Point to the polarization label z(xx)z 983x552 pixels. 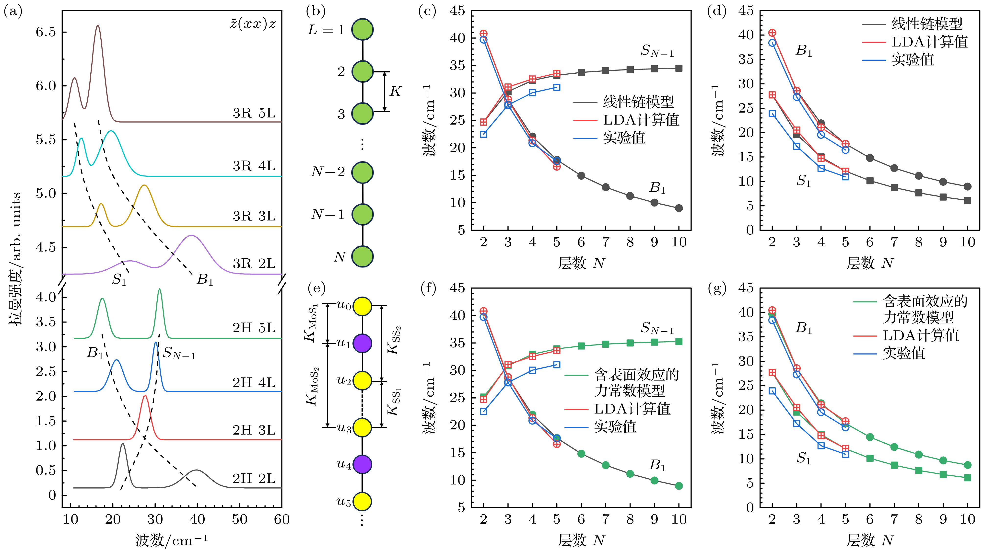point(253,24)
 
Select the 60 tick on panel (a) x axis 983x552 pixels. point(282,519)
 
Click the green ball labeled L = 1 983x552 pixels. point(362,29)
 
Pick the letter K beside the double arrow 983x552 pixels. point(395,92)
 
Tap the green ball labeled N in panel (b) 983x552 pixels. point(362,256)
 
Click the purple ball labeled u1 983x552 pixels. point(362,343)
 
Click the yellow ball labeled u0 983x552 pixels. point(362,306)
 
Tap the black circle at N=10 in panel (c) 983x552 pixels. point(679,208)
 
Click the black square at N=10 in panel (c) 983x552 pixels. point(679,68)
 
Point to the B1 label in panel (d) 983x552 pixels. point(804,51)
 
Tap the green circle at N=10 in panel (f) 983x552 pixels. point(679,486)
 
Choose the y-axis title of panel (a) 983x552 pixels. point(15,259)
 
